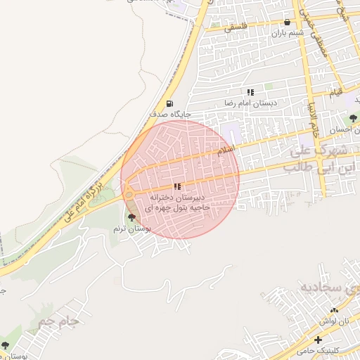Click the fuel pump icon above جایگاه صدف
pyautogui.click(x=169, y=104)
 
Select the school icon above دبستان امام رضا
pyautogui.click(x=250, y=92)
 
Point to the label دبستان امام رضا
pyautogui.click(x=251, y=103)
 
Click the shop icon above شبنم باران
pyautogui.click(x=287, y=22)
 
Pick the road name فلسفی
pyautogui.click(x=236, y=27)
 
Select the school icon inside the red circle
pyautogui.click(x=176, y=186)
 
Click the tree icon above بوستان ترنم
pyautogui.click(x=132, y=218)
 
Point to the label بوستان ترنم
pyautogui.click(x=133, y=229)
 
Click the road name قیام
pyautogui.click(x=336, y=92)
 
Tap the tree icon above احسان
pyautogui.click(x=353, y=117)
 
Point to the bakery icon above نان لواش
pyautogui.click(x=334, y=309)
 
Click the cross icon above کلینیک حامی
pyautogui.click(x=319, y=340)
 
